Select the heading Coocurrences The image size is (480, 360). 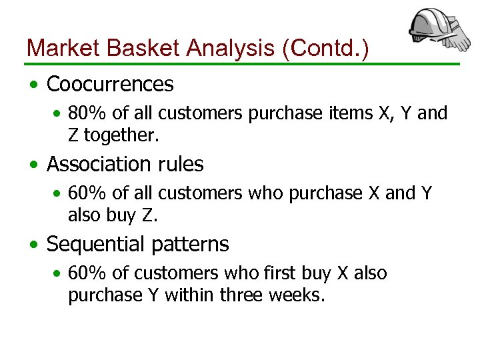tap(110, 85)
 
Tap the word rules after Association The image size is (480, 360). tap(181, 164)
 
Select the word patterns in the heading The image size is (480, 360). tap(191, 245)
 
